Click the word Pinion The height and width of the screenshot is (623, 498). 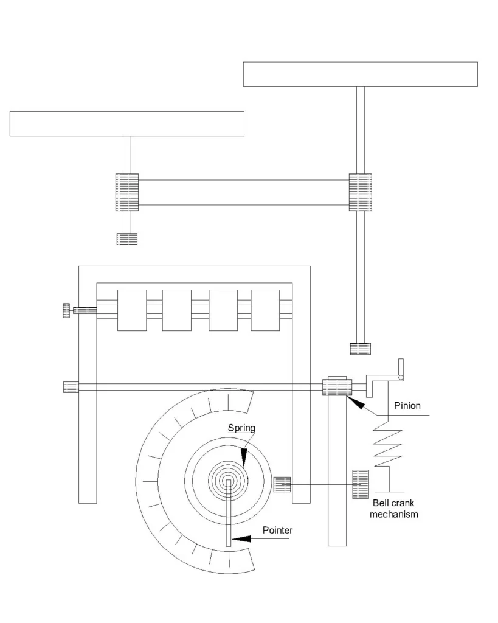coord(407,405)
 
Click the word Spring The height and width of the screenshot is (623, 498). coord(241,428)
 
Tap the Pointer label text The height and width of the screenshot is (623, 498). coord(277,530)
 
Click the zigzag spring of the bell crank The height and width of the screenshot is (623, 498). coord(387,446)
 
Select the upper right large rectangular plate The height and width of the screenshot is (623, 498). coord(360,74)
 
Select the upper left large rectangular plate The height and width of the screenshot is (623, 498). coord(126,124)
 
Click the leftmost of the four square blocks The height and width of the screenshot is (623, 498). coord(132,310)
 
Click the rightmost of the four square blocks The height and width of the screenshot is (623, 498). coord(265,310)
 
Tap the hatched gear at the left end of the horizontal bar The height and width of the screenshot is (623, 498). coord(127,192)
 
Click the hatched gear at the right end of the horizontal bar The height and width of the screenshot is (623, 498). coord(360,192)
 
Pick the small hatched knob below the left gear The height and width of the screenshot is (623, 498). coord(127,238)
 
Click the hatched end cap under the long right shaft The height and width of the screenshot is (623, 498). coord(360,349)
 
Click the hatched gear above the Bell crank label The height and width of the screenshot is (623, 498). coord(361,485)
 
